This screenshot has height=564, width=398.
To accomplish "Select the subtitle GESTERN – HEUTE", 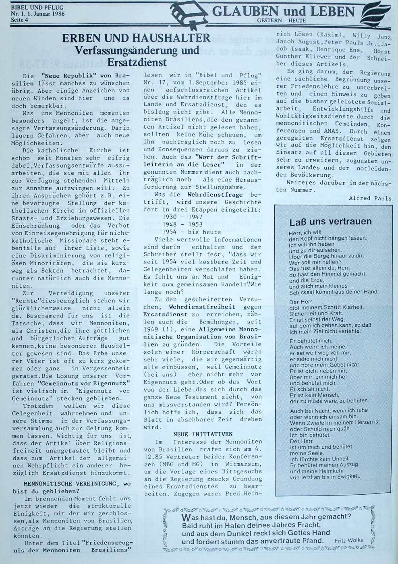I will click(x=281, y=20).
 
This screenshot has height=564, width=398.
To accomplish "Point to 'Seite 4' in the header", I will click(x=19, y=20).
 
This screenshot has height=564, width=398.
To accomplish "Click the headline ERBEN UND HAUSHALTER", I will click(x=136, y=39).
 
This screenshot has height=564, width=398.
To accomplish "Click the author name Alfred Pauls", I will click(x=370, y=198).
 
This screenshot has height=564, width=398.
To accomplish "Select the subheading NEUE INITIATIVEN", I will click(x=203, y=434).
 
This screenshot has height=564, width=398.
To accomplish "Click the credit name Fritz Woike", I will click(x=349, y=540).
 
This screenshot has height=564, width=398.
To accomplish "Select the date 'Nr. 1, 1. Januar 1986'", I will click(x=38, y=14).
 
